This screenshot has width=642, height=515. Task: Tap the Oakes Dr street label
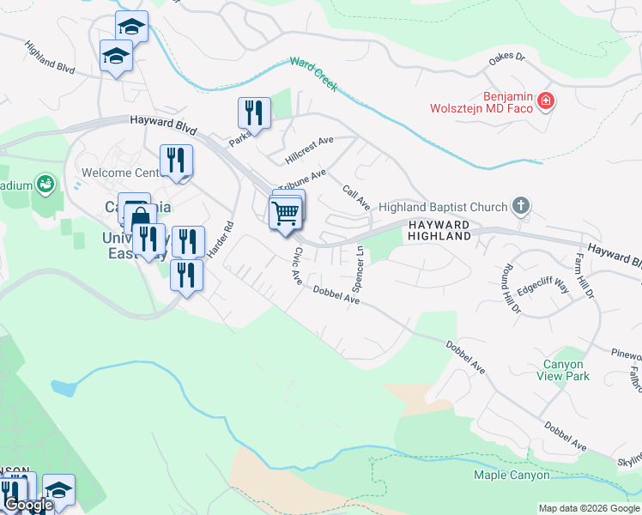[506, 57]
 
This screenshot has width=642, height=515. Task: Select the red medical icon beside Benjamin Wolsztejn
[545, 103]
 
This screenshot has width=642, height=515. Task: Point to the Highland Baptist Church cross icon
[519, 206]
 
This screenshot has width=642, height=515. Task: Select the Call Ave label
[356, 197]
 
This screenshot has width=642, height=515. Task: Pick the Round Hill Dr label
[509, 287]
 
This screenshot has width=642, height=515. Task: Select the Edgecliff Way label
[543, 285]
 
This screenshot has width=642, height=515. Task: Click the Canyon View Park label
[564, 370]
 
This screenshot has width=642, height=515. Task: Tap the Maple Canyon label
[511, 475]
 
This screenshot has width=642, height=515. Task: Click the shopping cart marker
[285, 213]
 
